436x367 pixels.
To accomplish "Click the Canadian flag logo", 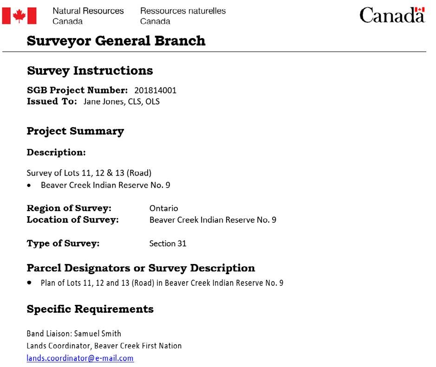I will pos(20,16).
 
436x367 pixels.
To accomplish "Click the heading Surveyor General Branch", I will pos(116,41).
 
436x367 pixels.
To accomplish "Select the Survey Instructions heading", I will pos(90,71).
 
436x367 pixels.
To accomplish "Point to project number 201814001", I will pos(155,90).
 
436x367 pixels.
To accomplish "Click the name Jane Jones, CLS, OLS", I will pos(121,101).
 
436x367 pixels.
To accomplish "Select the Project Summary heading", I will pos(75,131).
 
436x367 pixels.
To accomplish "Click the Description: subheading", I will pos(56,152).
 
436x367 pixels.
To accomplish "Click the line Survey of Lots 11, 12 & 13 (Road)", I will pos(89,173).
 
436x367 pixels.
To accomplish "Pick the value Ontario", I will pos(163,208).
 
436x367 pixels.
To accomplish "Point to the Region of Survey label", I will pos(69,208).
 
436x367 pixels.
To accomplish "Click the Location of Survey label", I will pos(72,219).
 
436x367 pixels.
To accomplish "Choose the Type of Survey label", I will pos(63,243).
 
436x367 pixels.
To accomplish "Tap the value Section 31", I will pos(168,243).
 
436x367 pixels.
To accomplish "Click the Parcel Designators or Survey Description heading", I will pos(141,268).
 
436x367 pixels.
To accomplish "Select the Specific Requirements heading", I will pos(90,309).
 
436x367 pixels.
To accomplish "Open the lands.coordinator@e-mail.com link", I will pos(80,358).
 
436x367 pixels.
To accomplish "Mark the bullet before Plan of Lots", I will pos(30,282).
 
